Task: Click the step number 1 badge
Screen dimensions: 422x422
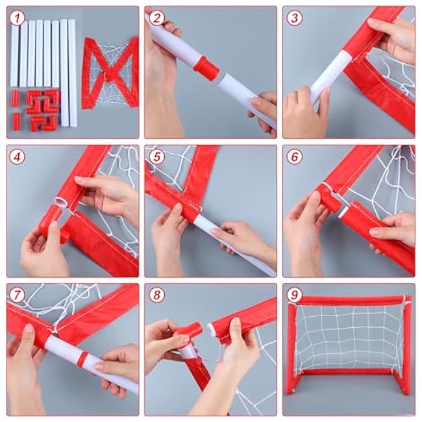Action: point(18,18)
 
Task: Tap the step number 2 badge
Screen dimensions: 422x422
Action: point(156,18)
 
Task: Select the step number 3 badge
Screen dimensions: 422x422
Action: point(295,18)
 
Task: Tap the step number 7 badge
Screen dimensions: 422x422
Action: point(18,295)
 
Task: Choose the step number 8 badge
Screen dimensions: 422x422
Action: point(156,295)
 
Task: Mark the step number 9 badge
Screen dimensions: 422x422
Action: point(295,295)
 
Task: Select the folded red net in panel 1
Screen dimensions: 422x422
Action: point(110,73)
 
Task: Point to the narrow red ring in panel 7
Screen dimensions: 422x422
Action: point(84,357)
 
